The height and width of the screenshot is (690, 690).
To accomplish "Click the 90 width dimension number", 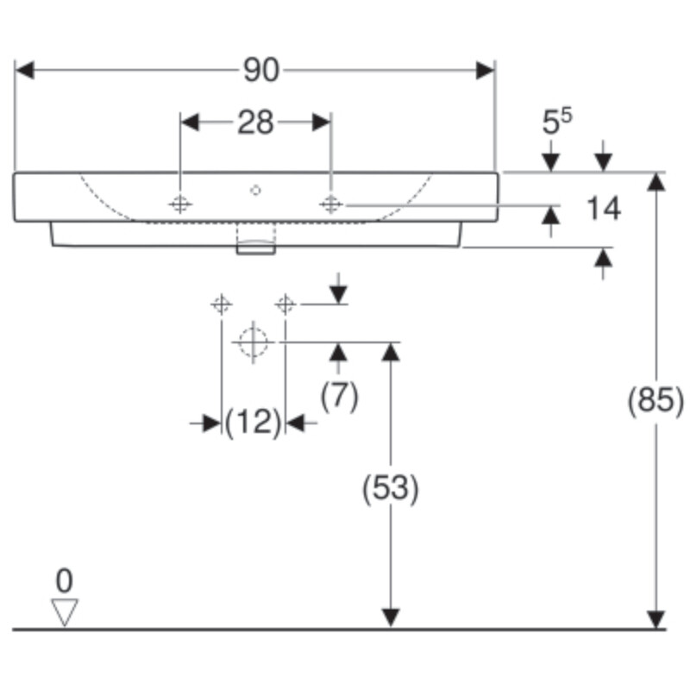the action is coord(261,71).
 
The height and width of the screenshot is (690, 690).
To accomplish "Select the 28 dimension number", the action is coord(255,122).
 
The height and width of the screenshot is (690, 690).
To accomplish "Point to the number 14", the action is coord(604,208).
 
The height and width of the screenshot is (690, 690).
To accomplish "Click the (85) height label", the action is coord(655,400).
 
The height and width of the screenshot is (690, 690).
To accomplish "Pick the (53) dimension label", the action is coord(391,488).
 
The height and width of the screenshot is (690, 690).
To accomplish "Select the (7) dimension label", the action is coord(339,396).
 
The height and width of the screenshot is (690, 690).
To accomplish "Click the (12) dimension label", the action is coord(253,423).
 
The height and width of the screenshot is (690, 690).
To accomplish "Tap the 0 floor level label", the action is coord(64,580).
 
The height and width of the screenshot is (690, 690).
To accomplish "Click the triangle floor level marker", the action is coord(65,612).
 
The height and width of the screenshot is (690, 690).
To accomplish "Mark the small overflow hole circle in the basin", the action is coord(255,190).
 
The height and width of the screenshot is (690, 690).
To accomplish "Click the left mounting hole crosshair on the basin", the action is coord(180,204).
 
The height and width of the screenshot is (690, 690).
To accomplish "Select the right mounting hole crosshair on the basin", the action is coord(331,204).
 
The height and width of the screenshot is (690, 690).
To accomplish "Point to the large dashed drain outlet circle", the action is coord(253,342).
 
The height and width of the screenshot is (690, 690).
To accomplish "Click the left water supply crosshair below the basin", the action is coord(222,304).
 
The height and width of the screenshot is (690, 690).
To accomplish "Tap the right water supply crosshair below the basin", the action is coord(285,304).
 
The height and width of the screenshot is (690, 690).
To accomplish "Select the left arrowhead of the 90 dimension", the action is coord(24,71).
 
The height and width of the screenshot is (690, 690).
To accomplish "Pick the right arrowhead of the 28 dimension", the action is coord(322,122).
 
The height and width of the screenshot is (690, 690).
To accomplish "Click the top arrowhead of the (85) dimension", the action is coord(656,182).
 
